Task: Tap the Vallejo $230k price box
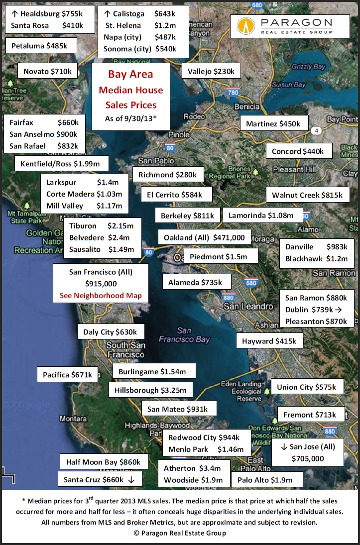click(x=211, y=71)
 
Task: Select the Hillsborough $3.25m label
click(x=150, y=390)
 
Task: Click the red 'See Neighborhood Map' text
click(x=101, y=295)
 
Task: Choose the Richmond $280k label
click(x=168, y=175)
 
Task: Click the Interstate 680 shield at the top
click(x=257, y=5)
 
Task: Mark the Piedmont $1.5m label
click(x=221, y=256)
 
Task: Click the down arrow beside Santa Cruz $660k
click(x=131, y=480)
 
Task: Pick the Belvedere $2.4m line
click(x=100, y=237)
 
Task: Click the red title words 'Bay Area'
click(x=130, y=75)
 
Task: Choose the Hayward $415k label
click(x=269, y=341)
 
